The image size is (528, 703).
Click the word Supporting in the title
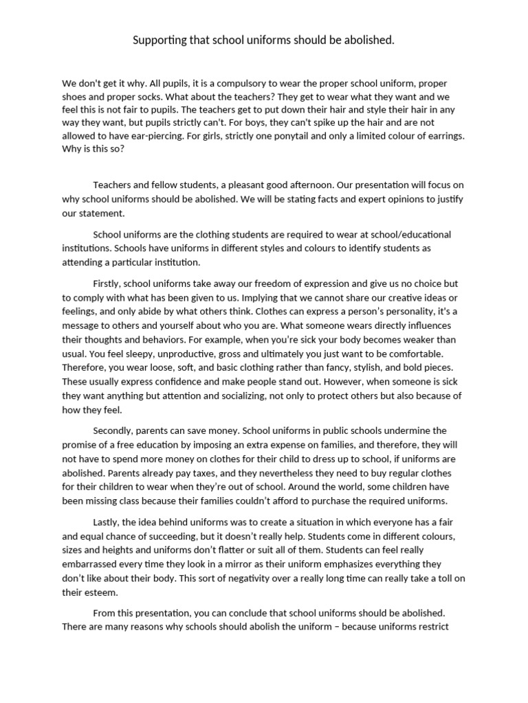[x=158, y=41]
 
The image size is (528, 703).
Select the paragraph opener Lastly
[x=107, y=523]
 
